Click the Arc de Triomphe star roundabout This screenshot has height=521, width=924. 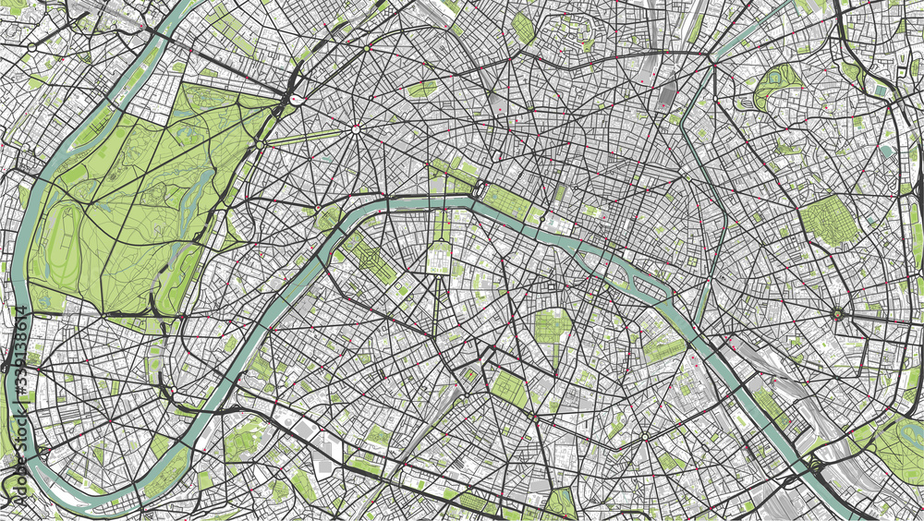click(355, 130)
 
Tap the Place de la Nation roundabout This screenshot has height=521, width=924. click(836, 313)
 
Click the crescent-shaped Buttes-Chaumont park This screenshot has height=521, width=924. click(773, 87)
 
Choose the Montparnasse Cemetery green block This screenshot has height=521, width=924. click(507, 389)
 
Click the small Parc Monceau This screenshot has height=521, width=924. click(422, 89)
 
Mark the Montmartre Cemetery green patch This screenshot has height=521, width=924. click(523, 28)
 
